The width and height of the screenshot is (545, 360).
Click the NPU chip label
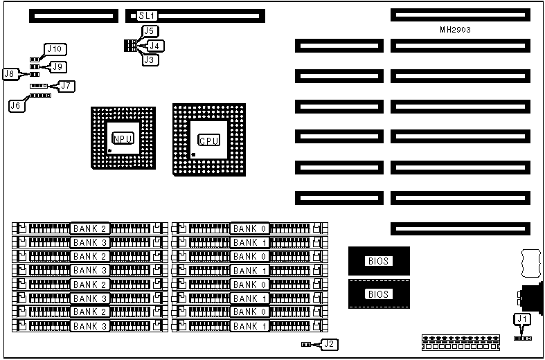(x=122, y=138)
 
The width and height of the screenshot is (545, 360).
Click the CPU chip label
(x=209, y=141)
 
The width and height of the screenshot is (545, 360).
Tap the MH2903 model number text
(x=456, y=30)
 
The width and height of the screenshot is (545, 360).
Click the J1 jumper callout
(x=521, y=318)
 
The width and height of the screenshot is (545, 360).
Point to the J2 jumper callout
(x=330, y=343)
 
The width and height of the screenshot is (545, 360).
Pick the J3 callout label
(x=150, y=60)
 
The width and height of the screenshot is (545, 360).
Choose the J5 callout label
(x=150, y=31)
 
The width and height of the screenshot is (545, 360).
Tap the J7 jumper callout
(x=66, y=86)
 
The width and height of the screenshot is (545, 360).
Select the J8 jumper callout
(x=10, y=73)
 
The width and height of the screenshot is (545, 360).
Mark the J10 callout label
(x=55, y=49)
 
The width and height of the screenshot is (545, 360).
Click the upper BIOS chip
(x=379, y=262)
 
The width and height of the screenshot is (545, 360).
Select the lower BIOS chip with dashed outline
(x=379, y=294)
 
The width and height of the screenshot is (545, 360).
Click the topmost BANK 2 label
(x=90, y=228)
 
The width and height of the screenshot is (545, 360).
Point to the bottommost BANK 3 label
(x=90, y=326)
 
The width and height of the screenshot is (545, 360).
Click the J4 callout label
(x=158, y=46)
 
